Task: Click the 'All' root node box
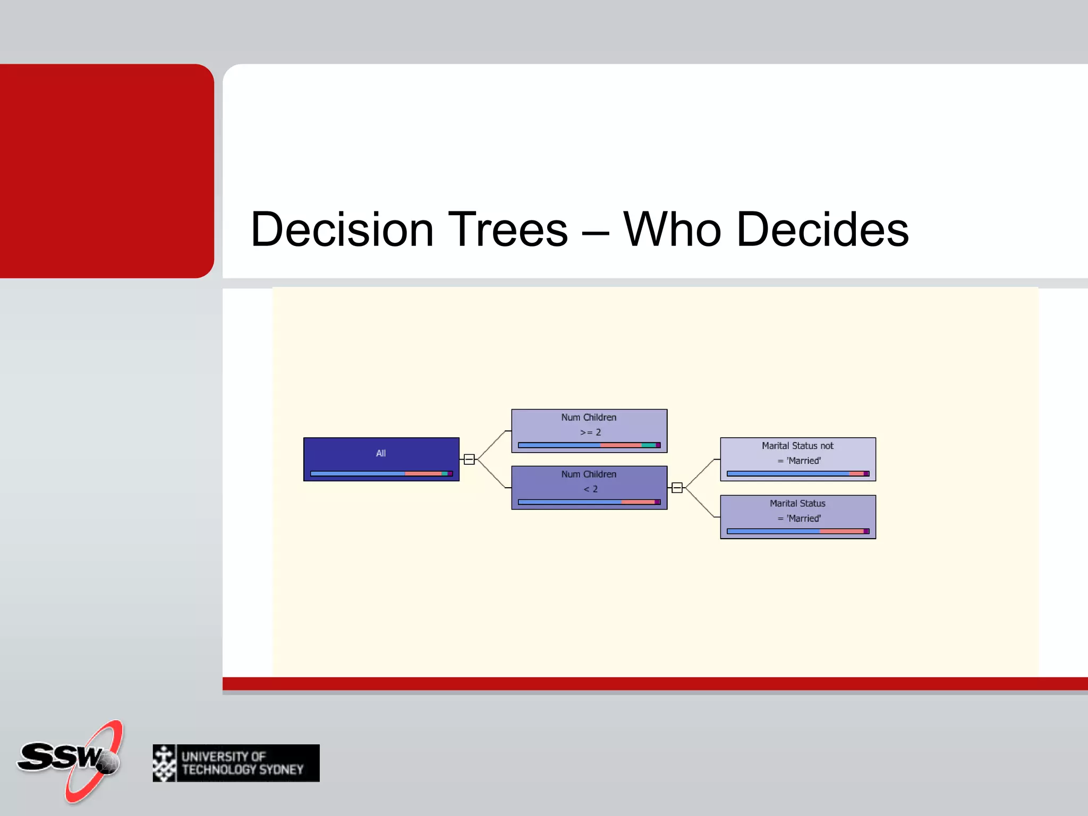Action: coord(381,453)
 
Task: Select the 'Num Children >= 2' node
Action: coord(589,424)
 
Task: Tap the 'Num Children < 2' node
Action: coord(589,481)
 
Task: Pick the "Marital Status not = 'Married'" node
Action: coord(797,453)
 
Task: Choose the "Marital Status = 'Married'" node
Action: coord(797,511)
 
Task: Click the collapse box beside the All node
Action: coord(469,460)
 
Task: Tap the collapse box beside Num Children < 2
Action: coord(677,488)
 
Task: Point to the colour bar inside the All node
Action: coord(381,473)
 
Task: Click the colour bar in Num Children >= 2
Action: coord(589,445)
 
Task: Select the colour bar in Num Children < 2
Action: coord(589,502)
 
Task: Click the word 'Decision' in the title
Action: coord(342,229)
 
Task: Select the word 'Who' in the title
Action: coord(671,229)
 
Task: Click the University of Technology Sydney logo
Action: coord(236,763)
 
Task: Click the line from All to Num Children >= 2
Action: coord(491,445)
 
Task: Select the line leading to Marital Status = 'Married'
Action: coord(700,503)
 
